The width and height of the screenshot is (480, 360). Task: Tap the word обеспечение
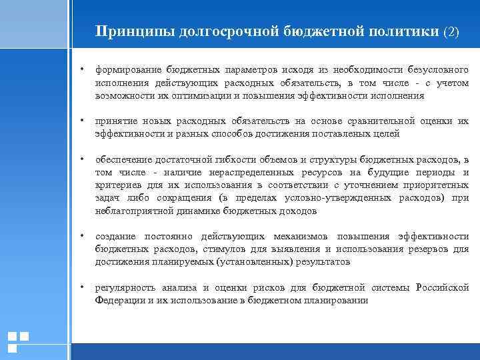[124, 159]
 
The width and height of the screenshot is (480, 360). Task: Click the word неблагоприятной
[133, 211]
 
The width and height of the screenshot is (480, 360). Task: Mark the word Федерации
[118, 301]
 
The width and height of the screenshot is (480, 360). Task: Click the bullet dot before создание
[81, 236]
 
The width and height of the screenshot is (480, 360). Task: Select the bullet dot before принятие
[81, 121]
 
